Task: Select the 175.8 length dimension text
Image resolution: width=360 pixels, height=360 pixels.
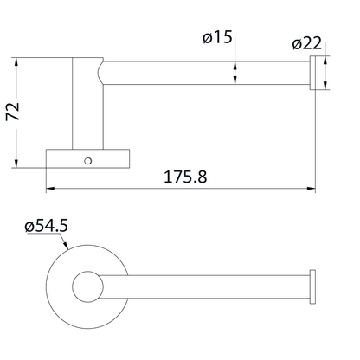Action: (x=185, y=176)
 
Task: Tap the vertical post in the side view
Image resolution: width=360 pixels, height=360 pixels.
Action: (x=87, y=104)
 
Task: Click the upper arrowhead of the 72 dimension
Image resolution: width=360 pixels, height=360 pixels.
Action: (x=18, y=63)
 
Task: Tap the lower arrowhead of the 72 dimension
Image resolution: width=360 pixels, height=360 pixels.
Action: (x=18, y=164)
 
